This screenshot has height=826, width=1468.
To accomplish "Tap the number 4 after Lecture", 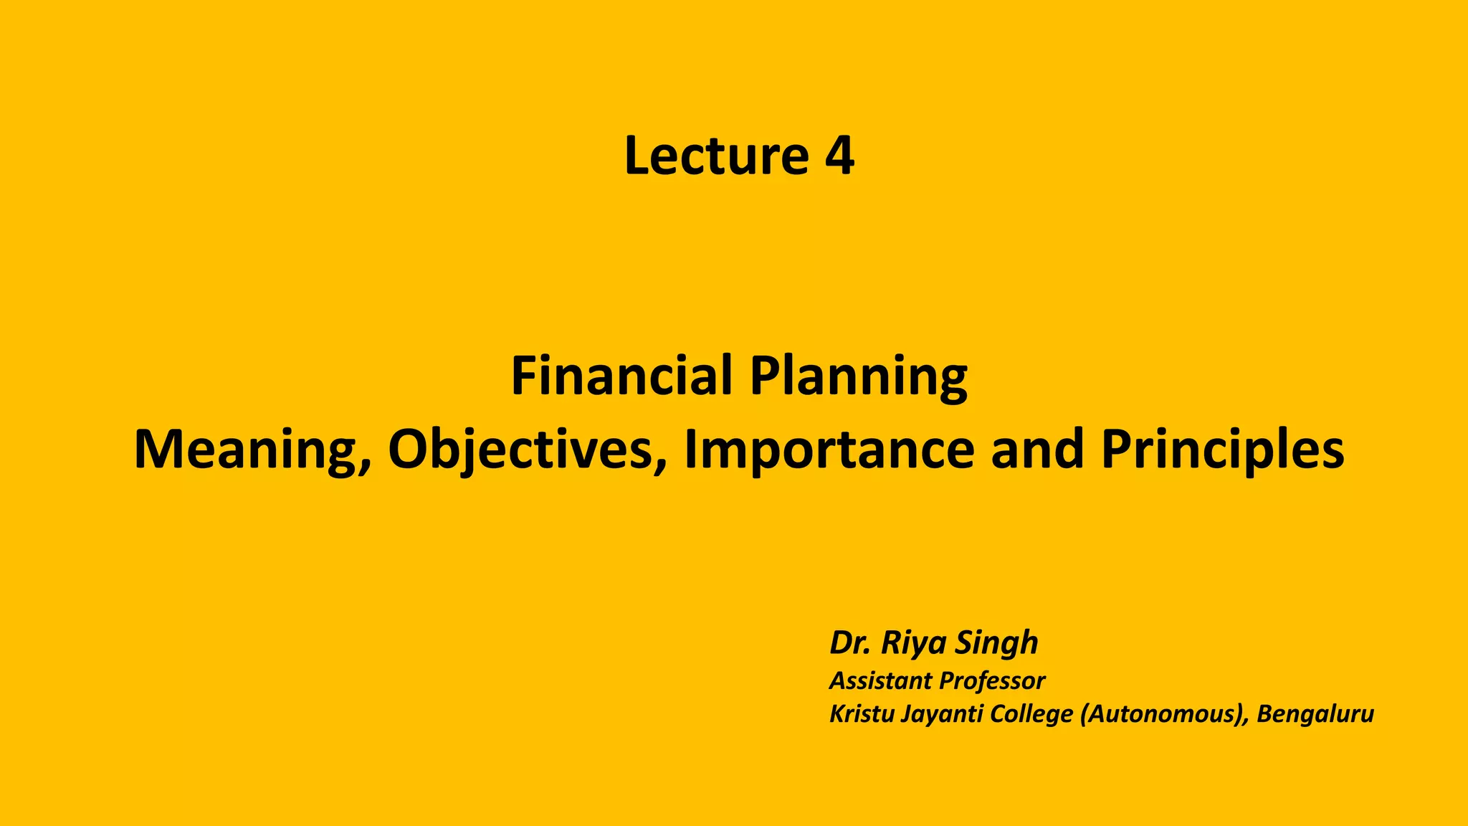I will (x=839, y=156).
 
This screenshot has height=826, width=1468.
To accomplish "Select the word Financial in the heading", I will (x=621, y=376).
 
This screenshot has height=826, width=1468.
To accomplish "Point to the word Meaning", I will (x=248, y=450).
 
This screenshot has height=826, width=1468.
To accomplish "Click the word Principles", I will (x=1222, y=450).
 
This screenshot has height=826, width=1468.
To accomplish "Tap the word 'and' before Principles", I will (x=1037, y=450).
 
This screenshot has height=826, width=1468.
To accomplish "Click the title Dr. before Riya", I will (x=850, y=642).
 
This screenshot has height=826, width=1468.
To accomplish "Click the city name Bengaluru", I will (x=1315, y=715).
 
